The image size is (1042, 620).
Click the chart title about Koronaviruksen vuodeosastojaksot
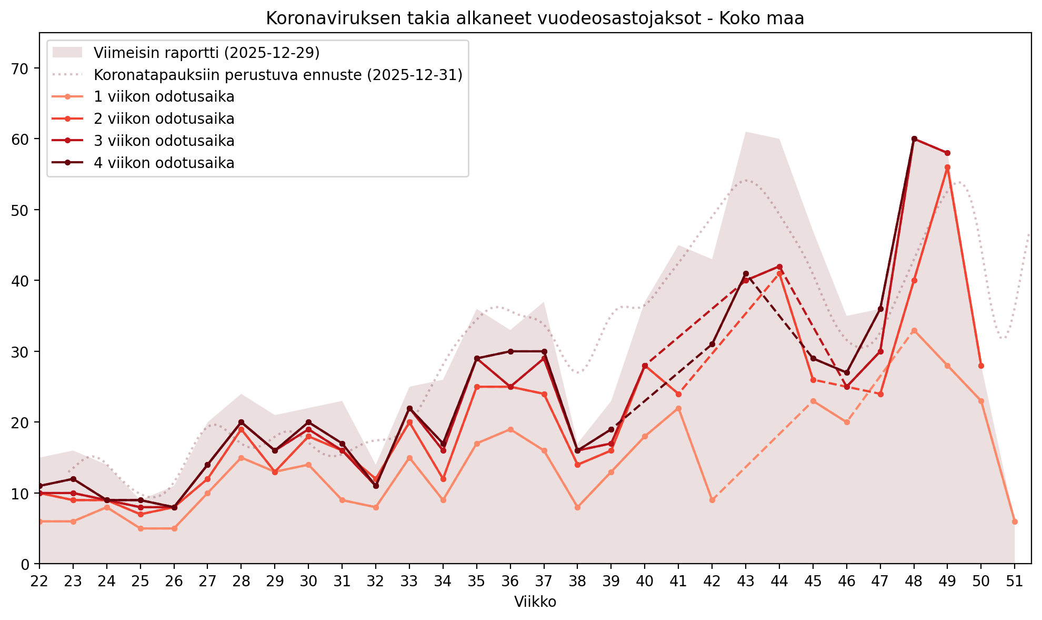click(535, 18)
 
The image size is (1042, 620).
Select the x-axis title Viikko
click(535, 602)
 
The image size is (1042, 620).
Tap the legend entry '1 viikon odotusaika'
click(164, 97)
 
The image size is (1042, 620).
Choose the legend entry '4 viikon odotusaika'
click(164, 163)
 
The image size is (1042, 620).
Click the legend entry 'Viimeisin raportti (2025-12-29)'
click(206, 53)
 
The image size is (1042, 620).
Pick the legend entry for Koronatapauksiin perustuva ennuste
click(278, 75)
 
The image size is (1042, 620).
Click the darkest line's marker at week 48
click(914, 139)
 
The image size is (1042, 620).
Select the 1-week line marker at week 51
click(1015, 521)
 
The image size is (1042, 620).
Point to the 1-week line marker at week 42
click(712, 500)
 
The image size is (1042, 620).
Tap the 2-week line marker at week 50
click(981, 366)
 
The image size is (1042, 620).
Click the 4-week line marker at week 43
click(746, 274)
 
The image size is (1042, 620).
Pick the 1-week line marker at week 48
click(914, 330)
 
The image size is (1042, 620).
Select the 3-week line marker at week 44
click(779, 267)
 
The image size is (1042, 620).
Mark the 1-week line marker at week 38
click(577, 507)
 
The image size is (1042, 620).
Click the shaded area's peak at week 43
click(746, 132)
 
